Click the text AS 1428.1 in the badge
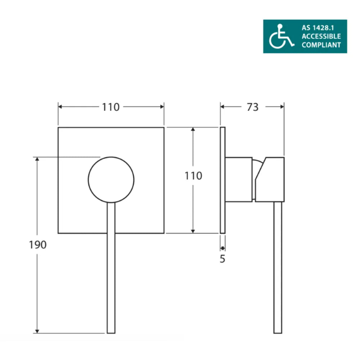(316, 27)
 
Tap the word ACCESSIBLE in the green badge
(321, 36)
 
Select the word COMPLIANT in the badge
(321, 45)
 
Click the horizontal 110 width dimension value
(111, 107)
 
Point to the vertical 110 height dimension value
(193, 176)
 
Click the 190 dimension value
(38, 245)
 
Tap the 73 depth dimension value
(253, 107)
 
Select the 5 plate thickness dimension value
(222, 258)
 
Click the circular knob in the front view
(111, 179)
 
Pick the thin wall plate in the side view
(222, 180)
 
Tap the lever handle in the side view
(278, 268)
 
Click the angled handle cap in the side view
(270, 179)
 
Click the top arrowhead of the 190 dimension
(37, 159)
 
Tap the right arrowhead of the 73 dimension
(282, 107)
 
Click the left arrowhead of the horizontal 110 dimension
(60, 107)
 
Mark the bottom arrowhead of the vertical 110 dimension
(193, 231)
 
